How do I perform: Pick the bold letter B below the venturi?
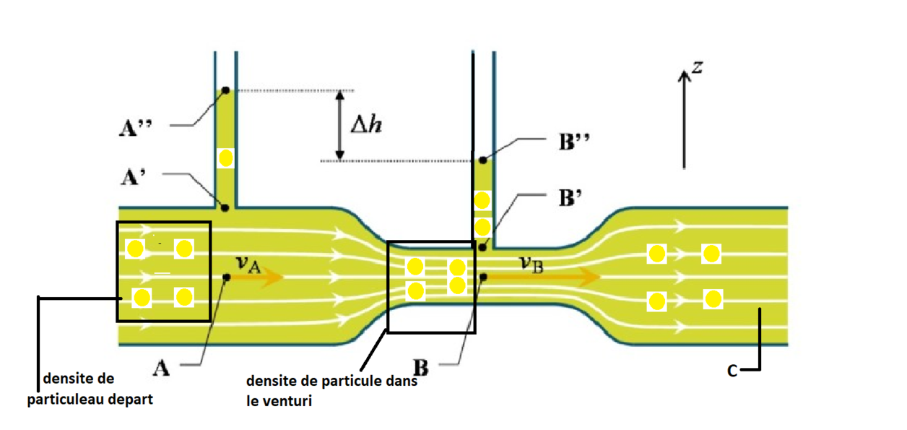click(420, 368)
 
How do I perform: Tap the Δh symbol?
click(367, 124)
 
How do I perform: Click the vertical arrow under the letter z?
click(682, 119)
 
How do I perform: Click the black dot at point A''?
click(225, 90)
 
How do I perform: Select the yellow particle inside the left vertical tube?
click(225, 158)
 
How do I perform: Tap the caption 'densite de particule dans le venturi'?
click(332, 390)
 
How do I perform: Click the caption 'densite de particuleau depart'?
click(90, 388)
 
